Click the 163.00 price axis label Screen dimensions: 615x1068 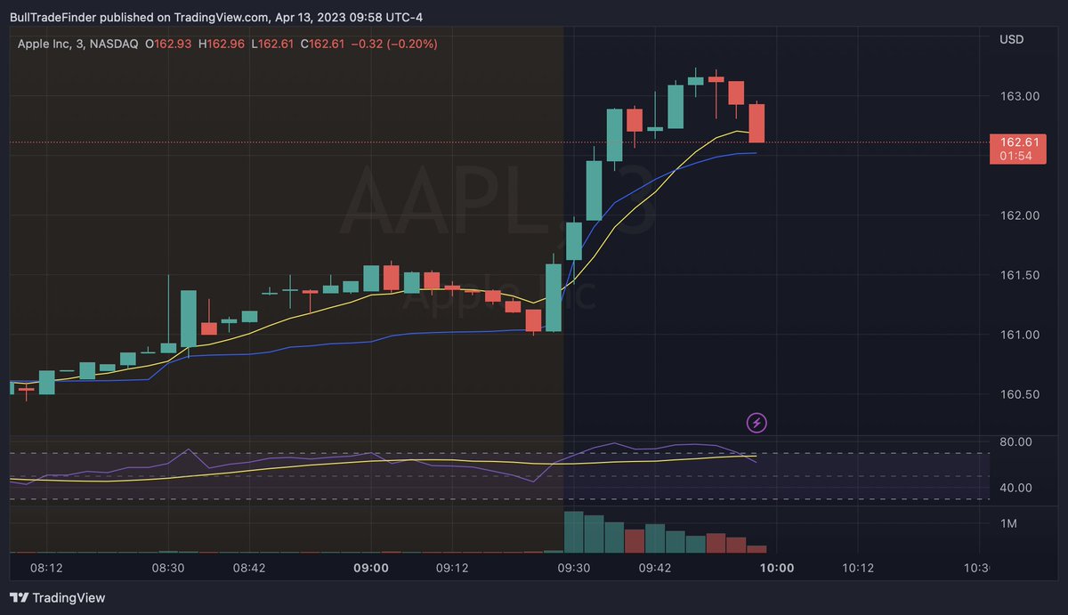(x=1017, y=96)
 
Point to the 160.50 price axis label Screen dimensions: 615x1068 (x=1017, y=394)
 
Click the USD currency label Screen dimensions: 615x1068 (x=1011, y=40)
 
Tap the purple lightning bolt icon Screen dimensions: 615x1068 (x=756, y=422)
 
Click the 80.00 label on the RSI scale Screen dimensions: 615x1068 (x=1015, y=441)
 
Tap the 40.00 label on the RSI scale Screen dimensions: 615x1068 (x=1015, y=488)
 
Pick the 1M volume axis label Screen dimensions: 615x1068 (x=1008, y=524)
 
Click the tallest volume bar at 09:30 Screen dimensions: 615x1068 (x=573, y=532)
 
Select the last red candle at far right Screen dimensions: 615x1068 (x=757, y=123)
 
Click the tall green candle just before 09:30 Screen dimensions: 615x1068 (x=554, y=297)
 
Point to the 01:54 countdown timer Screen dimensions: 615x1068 (x=1015, y=156)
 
